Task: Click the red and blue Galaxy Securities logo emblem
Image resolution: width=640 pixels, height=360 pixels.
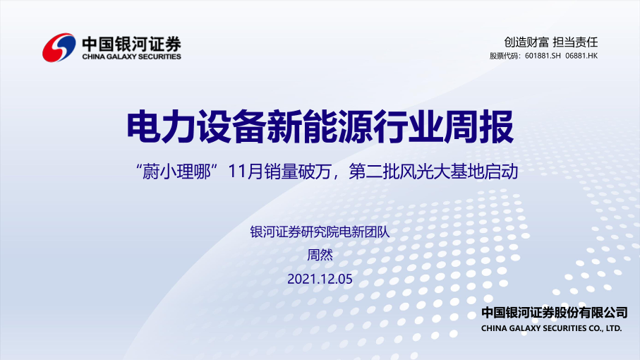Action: click(x=59, y=48)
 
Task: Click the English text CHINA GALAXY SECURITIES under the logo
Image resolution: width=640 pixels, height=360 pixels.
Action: click(x=131, y=56)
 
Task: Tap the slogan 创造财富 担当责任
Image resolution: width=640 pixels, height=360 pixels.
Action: click(x=550, y=42)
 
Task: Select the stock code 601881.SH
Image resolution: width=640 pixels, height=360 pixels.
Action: click(x=543, y=56)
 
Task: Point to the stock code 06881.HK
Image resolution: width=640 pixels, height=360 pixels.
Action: click(x=581, y=56)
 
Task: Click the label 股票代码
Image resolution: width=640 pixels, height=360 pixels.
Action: click(x=504, y=56)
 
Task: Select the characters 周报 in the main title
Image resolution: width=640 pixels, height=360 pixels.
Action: click(x=479, y=126)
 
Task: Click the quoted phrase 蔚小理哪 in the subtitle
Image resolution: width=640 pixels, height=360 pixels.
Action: click(x=176, y=172)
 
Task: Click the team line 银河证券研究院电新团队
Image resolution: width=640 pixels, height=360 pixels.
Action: click(x=320, y=232)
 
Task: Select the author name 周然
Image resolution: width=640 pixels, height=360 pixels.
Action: click(x=320, y=255)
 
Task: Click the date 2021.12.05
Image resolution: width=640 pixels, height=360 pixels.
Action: click(x=320, y=280)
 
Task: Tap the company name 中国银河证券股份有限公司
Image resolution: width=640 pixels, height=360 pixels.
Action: click(x=555, y=313)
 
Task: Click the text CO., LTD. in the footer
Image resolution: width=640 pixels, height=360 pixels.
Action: click(x=605, y=328)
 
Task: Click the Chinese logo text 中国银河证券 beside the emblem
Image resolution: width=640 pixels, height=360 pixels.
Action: click(x=131, y=43)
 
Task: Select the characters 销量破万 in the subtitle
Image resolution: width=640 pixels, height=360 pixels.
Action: click(x=298, y=172)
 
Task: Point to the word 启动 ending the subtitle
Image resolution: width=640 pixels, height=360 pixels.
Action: click(x=501, y=172)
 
